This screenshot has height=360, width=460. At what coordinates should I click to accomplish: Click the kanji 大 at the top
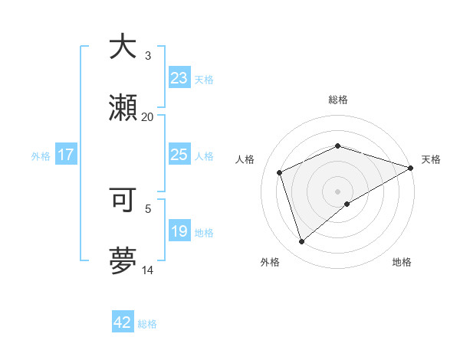coord(123,47)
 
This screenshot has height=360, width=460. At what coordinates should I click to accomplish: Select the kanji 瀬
coord(123,108)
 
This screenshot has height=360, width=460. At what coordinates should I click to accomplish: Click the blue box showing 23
coord(179,78)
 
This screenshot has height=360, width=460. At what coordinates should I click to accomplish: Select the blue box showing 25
coord(179,155)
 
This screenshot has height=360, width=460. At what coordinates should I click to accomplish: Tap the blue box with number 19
coord(179,231)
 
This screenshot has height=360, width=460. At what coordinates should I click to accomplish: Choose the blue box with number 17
coord(66,155)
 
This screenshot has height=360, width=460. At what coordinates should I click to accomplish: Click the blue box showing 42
coord(122,322)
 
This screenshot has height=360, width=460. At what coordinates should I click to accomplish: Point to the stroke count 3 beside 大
coord(148,55)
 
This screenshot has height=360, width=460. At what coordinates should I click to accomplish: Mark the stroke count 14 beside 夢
coord(147,270)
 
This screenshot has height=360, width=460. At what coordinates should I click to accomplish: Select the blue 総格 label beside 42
coord(147,324)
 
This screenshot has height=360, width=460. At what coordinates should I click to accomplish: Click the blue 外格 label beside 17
coord(41,155)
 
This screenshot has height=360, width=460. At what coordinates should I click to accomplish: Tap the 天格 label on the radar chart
coord(431,159)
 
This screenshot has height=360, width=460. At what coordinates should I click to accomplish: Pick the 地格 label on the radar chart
coord(402,262)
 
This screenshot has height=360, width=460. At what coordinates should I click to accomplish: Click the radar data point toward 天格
coord(411,168)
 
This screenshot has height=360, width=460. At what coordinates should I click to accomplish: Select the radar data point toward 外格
coord(301,242)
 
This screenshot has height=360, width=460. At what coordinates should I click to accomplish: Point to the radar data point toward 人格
coord(280,172)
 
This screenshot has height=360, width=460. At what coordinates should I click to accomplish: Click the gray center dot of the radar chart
coord(337,191)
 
